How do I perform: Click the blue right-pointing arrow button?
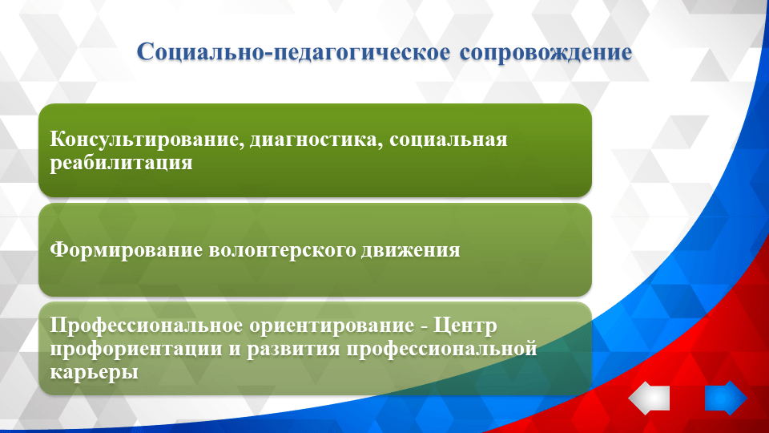point(725,398)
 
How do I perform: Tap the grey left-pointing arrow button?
point(649,398)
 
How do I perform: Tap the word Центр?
point(466,327)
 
